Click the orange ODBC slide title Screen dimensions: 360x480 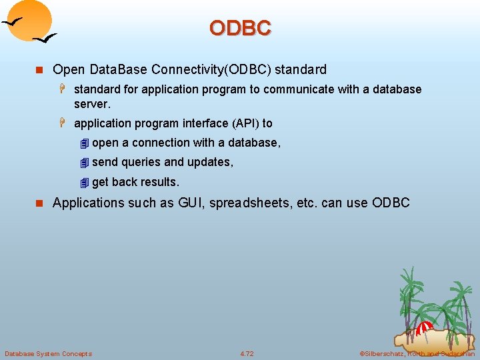tap(240, 28)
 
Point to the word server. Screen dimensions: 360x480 tap(92, 104)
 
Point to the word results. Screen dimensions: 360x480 tap(159, 182)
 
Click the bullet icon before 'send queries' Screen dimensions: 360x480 tap(83, 163)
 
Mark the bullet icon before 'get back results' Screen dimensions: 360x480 tap(83, 183)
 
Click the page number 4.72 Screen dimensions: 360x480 tap(247, 353)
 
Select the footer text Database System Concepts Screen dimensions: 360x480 tap(48, 353)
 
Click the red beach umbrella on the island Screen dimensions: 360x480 tap(424, 327)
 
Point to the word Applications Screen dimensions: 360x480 tap(88, 203)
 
